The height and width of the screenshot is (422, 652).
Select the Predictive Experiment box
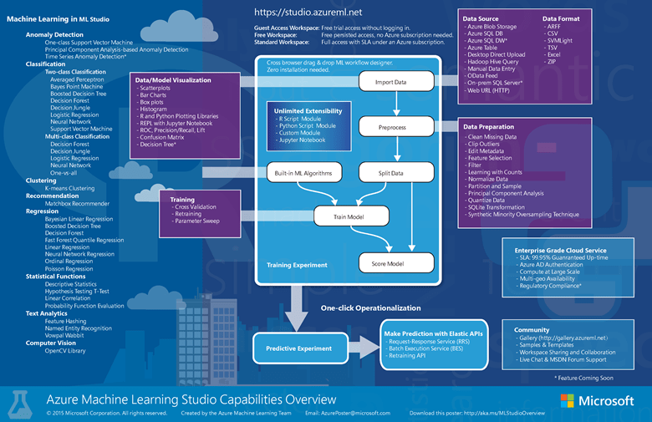[298, 348]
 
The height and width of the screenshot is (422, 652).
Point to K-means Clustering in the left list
[69, 188]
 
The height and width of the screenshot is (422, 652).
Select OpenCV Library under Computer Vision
[65, 350]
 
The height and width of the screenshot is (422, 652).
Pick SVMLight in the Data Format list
[559, 41]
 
